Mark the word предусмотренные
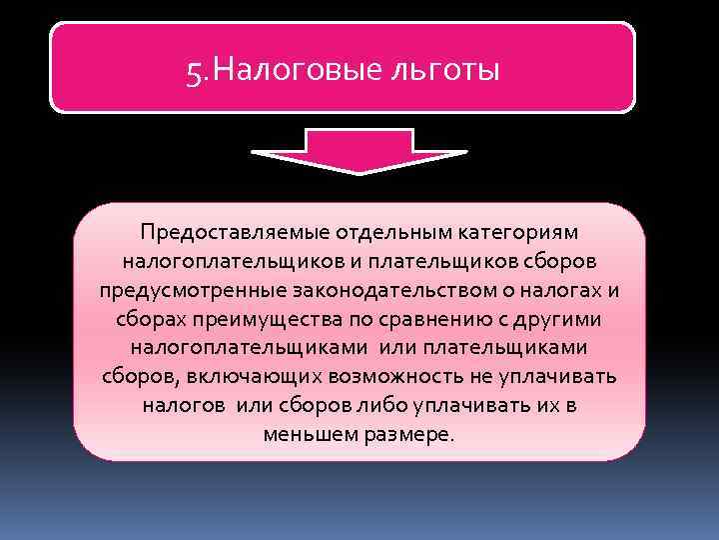pos(189,290)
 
